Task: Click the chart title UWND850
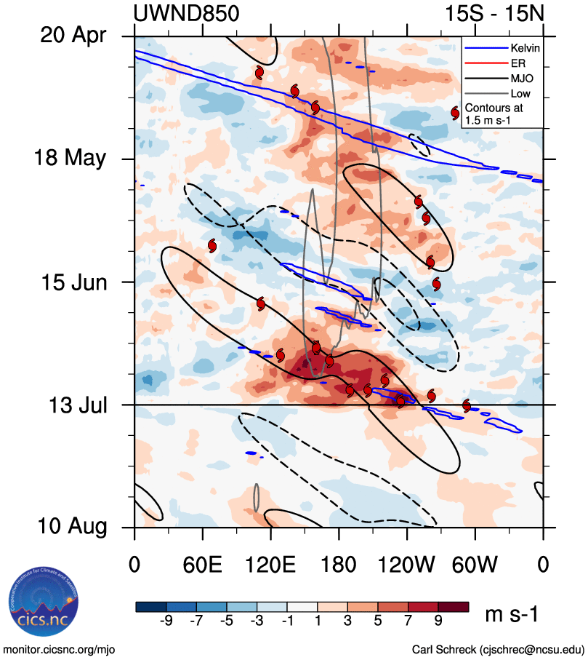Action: pyautogui.click(x=186, y=14)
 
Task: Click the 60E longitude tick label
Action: pyautogui.click(x=202, y=565)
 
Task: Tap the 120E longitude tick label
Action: pyautogui.click(x=270, y=565)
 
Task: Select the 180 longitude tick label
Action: pyautogui.click(x=339, y=565)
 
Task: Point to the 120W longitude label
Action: pyautogui.click(x=407, y=565)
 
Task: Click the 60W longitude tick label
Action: pyautogui.click(x=475, y=565)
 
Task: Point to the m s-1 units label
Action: pyautogui.click(x=512, y=615)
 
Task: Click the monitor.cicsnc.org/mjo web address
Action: pyautogui.click(x=60, y=649)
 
